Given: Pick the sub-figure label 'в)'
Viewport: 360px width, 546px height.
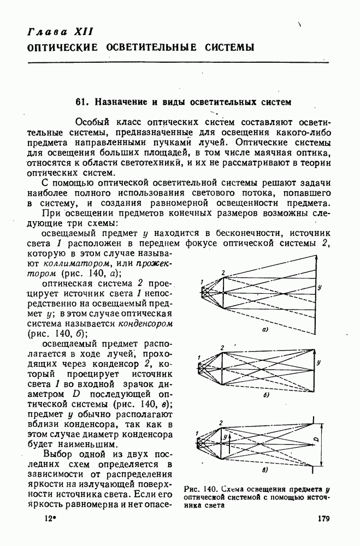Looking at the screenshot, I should [265, 468].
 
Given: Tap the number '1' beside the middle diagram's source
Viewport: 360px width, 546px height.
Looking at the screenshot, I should [199, 358].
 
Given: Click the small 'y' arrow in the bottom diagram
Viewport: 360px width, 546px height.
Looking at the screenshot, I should [225, 437].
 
